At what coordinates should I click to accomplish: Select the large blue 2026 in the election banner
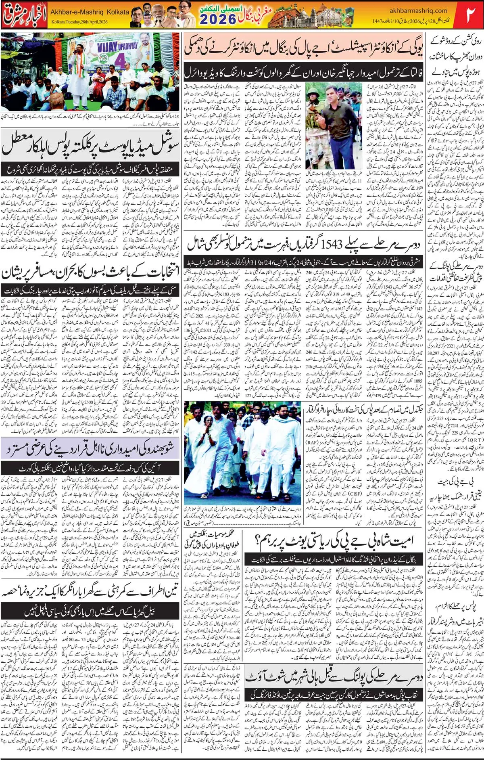click(218, 19)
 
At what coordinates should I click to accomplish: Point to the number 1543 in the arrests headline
click(332, 244)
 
